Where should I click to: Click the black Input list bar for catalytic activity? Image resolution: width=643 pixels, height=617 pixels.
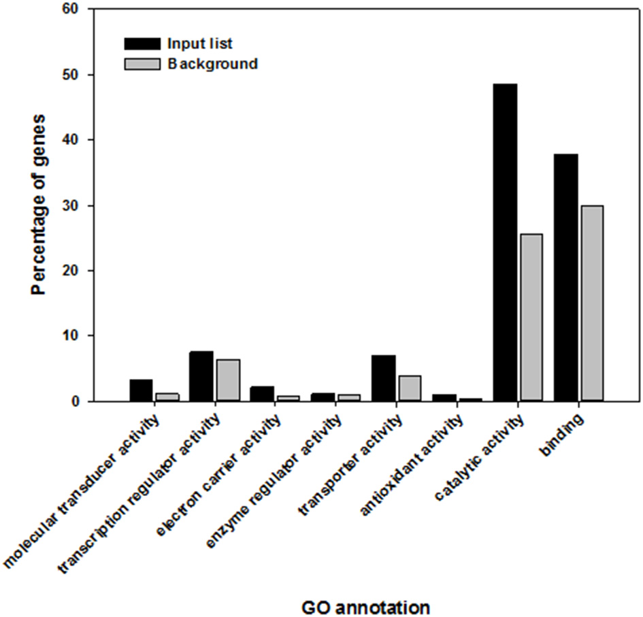[x=505, y=242]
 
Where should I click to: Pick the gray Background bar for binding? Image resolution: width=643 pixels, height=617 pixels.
[x=591, y=303]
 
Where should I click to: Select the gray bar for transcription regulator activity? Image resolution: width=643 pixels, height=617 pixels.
[x=227, y=380]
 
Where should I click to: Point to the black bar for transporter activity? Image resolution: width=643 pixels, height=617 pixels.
[x=383, y=378]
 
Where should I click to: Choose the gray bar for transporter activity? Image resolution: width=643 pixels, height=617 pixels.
[x=409, y=388]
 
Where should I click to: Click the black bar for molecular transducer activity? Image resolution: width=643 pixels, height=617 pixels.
[x=141, y=390]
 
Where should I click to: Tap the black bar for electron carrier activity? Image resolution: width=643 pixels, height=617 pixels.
[x=262, y=394]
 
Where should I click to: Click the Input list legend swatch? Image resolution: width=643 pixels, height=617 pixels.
[x=141, y=44]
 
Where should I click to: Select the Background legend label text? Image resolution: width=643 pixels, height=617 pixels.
[x=212, y=65]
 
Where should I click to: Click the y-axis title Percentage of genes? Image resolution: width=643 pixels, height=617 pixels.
[x=39, y=205]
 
